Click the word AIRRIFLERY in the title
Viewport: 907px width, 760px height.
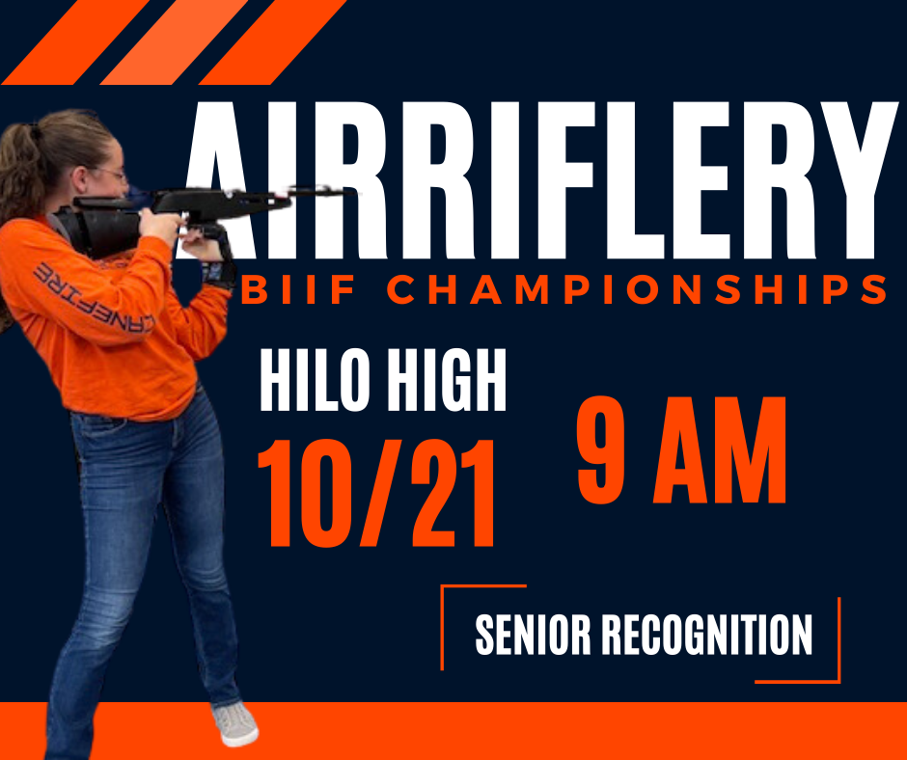538,180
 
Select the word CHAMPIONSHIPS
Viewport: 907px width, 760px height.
636,289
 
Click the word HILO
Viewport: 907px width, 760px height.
315,380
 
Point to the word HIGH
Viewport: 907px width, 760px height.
446,380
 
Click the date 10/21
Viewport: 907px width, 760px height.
376,493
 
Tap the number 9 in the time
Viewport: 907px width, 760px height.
601,449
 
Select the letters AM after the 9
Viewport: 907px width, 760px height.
719,450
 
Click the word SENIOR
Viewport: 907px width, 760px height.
533,635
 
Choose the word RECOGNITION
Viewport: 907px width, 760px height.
707,635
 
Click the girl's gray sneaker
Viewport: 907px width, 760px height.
235,723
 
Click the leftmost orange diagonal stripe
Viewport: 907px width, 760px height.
76,41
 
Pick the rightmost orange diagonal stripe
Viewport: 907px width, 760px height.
273,41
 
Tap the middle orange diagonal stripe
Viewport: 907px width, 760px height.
175,41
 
